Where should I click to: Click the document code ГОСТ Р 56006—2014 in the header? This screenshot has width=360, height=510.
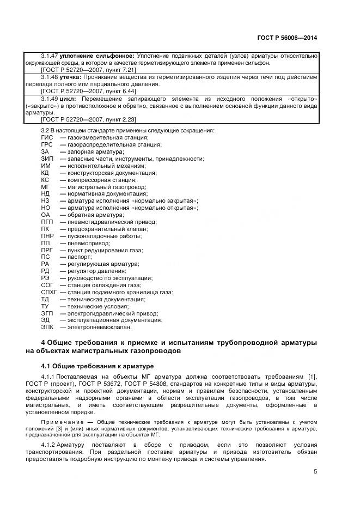pyautogui.click(x=287, y=38)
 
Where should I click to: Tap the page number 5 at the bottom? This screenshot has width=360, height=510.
pyautogui.click(x=315, y=472)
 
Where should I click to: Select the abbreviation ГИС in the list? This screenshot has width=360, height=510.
pyautogui.click(x=47, y=137)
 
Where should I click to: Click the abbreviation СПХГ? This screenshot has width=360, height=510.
pyautogui.click(x=50, y=292)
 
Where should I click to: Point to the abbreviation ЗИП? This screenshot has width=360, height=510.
pyautogui.click(x=47, y=158)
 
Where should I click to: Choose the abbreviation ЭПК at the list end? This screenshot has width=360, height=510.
pyautogui.click(x=48, y=327)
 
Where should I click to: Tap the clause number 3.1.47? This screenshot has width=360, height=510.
pyautogui.click(x=50, y=56)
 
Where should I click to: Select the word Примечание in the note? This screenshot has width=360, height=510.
pyautogui.click(x=61, y=422)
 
